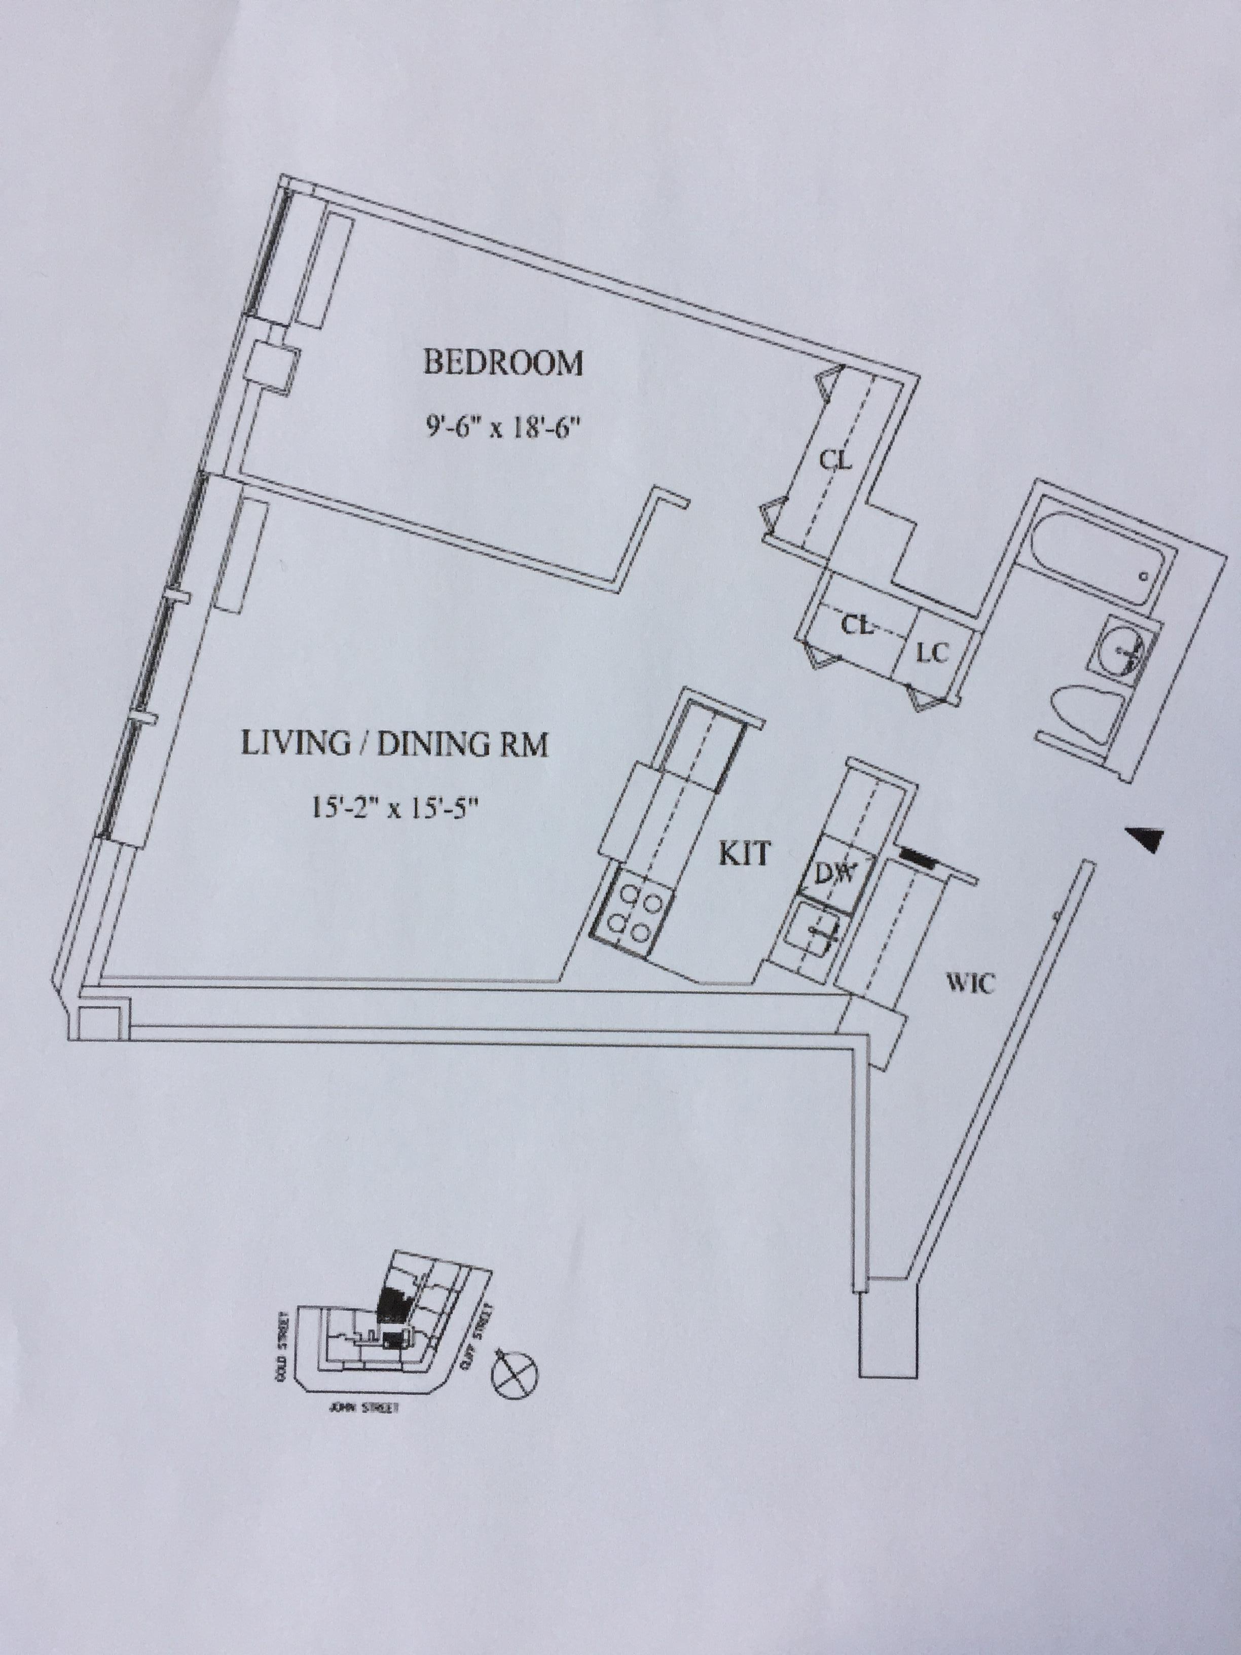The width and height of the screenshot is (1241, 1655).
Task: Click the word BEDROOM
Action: pos(503,364)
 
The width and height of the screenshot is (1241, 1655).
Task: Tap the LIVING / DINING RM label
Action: pos(394,745)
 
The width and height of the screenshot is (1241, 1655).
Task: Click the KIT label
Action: pos(744,854)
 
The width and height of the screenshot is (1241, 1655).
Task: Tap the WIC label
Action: pos(970,983)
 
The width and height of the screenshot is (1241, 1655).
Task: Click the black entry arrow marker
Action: pos(1146,840)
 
